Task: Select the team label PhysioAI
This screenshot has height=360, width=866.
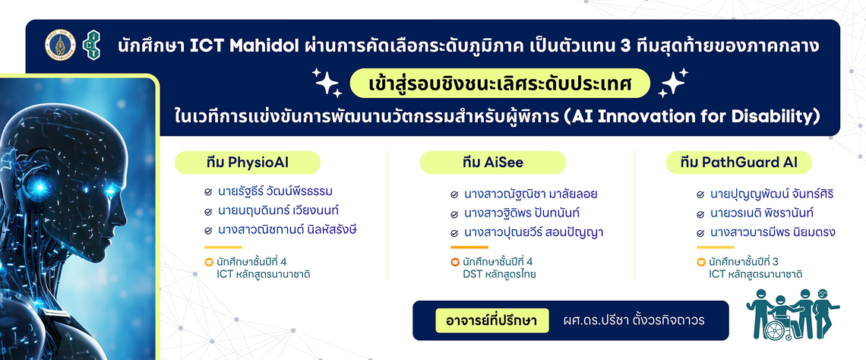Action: click(248, 163)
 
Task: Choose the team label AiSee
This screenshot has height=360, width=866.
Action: click(493, 163)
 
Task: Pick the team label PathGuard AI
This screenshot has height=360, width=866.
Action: click(739, 163)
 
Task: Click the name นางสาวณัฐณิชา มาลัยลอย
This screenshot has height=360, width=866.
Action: click(523, 194)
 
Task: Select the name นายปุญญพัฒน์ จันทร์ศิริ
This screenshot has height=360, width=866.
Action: click(771, 194)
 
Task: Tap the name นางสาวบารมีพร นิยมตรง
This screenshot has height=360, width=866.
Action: click(772, 232)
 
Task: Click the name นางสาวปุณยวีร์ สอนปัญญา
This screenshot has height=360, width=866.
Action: click(533, 232)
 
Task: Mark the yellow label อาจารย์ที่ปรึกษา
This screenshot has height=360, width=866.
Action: click(492, 321)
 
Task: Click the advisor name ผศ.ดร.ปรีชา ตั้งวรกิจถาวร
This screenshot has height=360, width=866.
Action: click(634, 321)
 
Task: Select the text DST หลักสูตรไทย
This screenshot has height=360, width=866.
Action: click(499, 273)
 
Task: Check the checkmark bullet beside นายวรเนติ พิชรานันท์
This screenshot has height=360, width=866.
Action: click(700, 214)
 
